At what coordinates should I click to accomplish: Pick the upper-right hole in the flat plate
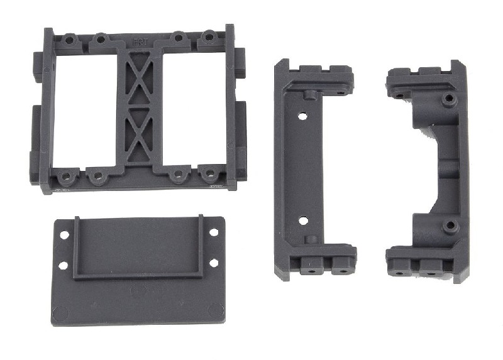tap(214, 232)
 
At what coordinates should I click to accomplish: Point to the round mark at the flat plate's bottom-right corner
tap(217, 310)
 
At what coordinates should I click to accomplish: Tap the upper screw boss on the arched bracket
tap(447, 99)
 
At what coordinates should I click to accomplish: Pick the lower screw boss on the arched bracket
tap(448, 225)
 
